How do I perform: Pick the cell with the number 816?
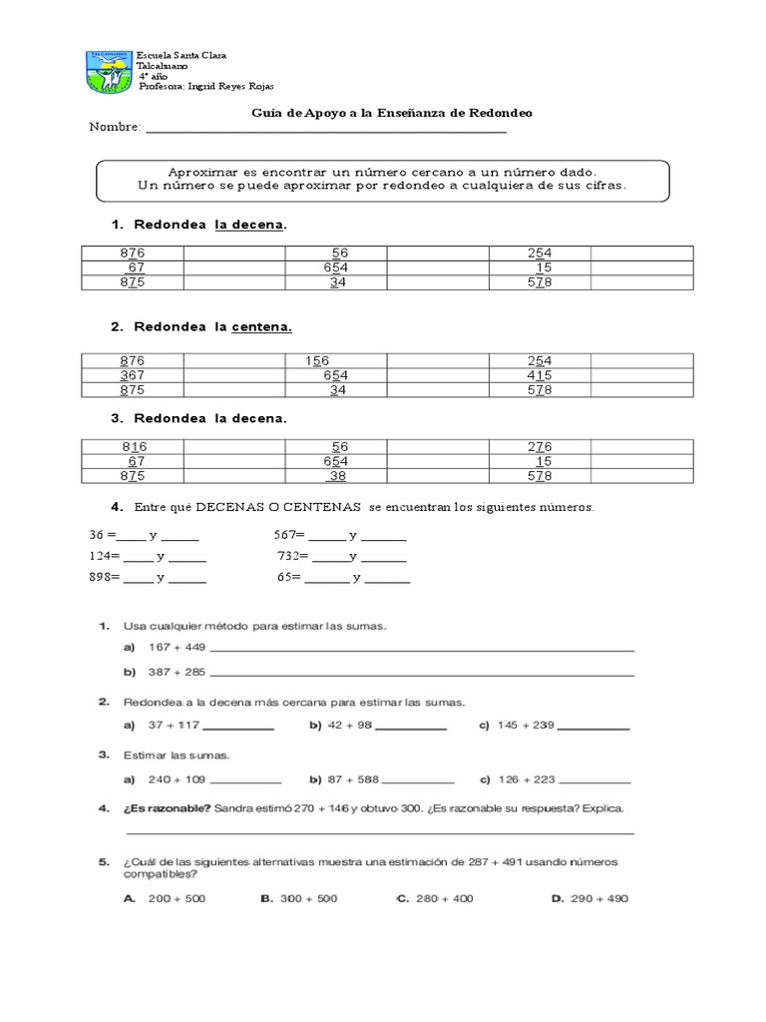click(133, 446)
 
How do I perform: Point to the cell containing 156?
click(318, 360)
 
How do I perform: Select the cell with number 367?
click(133, 375)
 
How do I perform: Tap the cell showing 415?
click(539, 375)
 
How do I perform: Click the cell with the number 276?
click(539, 446)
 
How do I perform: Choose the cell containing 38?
click(337, 476)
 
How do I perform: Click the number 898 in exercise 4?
click(103, 578)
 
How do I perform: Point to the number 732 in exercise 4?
click(290, 556)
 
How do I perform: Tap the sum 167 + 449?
click(176, 647)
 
